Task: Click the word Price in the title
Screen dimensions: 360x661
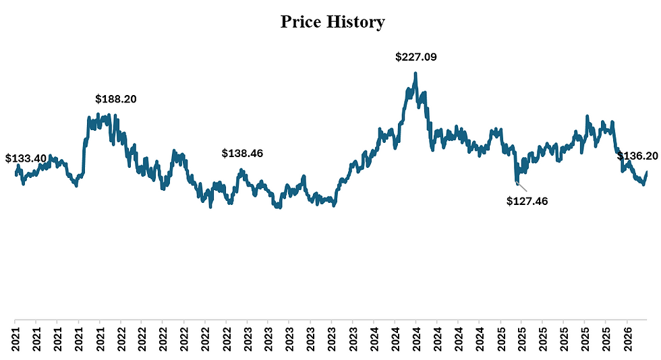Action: (x=301, y=22)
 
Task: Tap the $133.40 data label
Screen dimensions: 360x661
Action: (x=26, y=158)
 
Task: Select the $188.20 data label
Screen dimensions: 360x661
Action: (x=116, y=99)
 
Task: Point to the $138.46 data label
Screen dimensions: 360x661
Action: (x=242, y=154)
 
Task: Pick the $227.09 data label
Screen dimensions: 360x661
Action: (x=416, y=57)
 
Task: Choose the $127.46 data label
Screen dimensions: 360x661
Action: (x=527, y=200)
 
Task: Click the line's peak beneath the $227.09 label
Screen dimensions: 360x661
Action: (x=415, y=73)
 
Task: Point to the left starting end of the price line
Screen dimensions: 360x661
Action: (x=16, y=175)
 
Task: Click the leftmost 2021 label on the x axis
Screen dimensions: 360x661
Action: (x=15, y=338)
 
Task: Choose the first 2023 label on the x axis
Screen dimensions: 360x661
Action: (x=247, y=338)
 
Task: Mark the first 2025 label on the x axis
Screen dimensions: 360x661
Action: (x=500, y=338)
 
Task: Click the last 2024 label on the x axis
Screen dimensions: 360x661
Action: (x=479, y=338)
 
